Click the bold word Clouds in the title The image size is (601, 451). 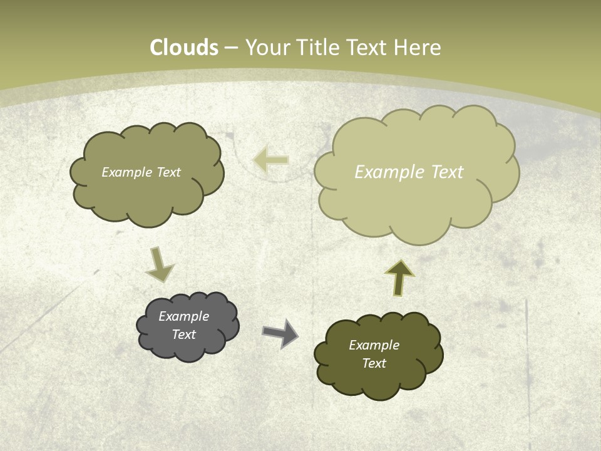click(184, 48)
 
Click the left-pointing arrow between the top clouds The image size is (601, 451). click(271, 160)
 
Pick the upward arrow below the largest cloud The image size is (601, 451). click(399, 277)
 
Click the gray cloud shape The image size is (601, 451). click(188, 326)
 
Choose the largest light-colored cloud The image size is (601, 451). click(416, 172)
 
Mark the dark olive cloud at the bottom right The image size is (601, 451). click(378, 355)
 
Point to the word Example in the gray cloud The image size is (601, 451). click(183, 316)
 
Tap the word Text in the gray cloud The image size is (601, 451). click(183, 334)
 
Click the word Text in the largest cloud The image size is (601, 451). click(447, 172)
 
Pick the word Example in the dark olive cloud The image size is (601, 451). click(374, 345)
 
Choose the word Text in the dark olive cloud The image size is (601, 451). click(374, 363)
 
